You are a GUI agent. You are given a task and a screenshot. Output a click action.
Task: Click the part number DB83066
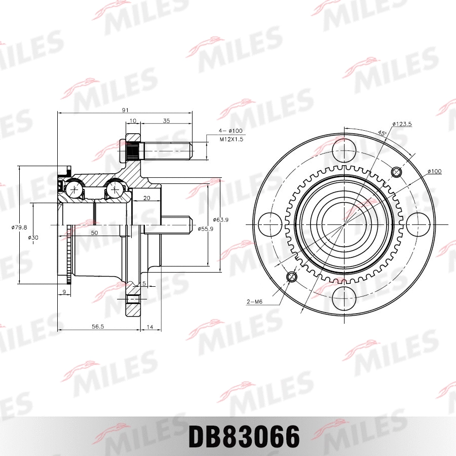[244, 437]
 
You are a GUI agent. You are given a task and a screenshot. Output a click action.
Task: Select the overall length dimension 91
[125, 109]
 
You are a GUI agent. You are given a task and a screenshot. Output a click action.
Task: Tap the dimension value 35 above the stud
[166, 121]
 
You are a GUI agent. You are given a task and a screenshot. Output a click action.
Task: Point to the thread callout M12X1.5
[231, 139]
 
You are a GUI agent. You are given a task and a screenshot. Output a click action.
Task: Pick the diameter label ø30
[32, 237]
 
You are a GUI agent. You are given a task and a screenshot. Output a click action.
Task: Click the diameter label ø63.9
[220, 219]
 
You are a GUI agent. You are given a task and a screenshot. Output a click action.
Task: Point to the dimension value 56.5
[97, 327]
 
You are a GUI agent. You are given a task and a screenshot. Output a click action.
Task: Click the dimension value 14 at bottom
[149, 327]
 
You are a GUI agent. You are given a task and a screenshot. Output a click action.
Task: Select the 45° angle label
[382, 133]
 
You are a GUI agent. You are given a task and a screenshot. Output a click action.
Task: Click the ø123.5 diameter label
[401, 124]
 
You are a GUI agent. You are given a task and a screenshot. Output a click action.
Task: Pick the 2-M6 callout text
[254, 302]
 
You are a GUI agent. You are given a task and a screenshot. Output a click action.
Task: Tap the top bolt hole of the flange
[345, 149]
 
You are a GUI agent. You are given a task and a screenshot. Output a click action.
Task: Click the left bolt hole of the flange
[270, 224]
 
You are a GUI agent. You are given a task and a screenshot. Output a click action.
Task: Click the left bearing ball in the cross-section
[75, 190]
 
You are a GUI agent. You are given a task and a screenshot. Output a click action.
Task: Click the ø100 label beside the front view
[435, 171]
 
